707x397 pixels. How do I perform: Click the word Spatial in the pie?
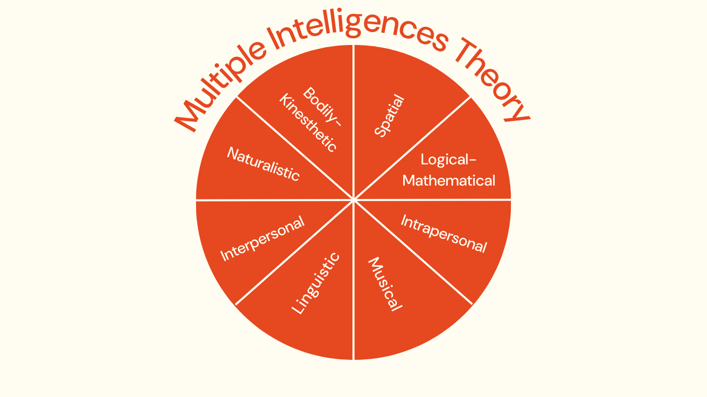(389, 116)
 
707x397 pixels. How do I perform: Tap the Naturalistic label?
(263, 164)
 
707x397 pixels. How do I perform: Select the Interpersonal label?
(262, 238)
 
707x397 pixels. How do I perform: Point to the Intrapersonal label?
(444, 234)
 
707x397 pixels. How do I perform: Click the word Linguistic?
(316, 283)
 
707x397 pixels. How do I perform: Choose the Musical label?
(385, 284)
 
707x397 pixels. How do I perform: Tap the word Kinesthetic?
(308, 123)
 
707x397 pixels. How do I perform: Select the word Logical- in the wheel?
(448, 159)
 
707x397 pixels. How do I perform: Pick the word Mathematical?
(449, 180)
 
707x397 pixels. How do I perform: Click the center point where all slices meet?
(353, 200)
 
